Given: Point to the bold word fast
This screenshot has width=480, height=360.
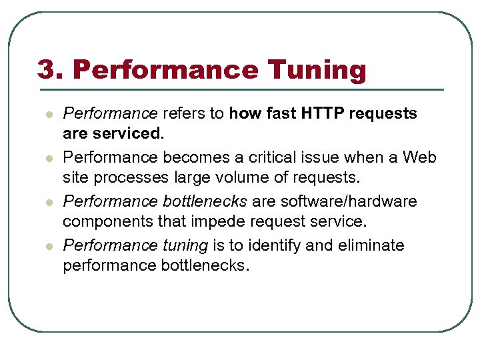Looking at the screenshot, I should (x=280, y=113).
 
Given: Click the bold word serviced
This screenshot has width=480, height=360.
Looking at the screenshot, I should (x=127, y=133).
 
